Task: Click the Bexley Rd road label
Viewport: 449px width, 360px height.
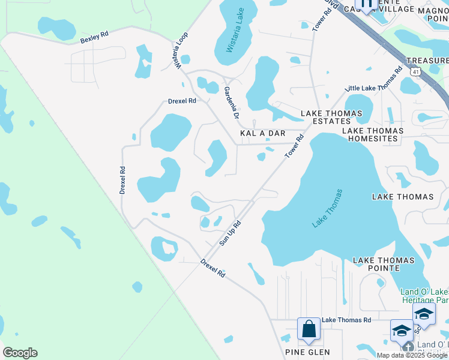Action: [x=94, y=39]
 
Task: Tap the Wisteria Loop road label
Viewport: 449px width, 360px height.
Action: [x=179, y=50]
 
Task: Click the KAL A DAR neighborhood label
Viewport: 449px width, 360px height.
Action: [x=262, y=133]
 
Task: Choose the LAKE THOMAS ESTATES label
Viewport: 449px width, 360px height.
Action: [x=331, y=117]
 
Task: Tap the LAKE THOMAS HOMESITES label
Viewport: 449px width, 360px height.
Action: [x=370, y=134]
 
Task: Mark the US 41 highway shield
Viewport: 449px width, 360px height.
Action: [x=416, y=71]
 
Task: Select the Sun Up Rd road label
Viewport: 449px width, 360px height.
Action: [x=230, y=233]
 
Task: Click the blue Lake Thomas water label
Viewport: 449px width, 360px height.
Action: [x=327, y=209]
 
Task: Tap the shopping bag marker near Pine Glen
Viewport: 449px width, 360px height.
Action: [x=309, y=329]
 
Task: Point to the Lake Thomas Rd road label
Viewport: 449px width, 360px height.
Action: [x=346, y=320]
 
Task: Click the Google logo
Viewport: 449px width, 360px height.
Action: [x=20, y=353]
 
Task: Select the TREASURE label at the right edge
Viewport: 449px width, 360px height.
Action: [x=427, y=61]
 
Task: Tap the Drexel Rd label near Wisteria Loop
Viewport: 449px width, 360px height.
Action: [x=182, y=101]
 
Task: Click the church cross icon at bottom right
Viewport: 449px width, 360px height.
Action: [x=408, y=347]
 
